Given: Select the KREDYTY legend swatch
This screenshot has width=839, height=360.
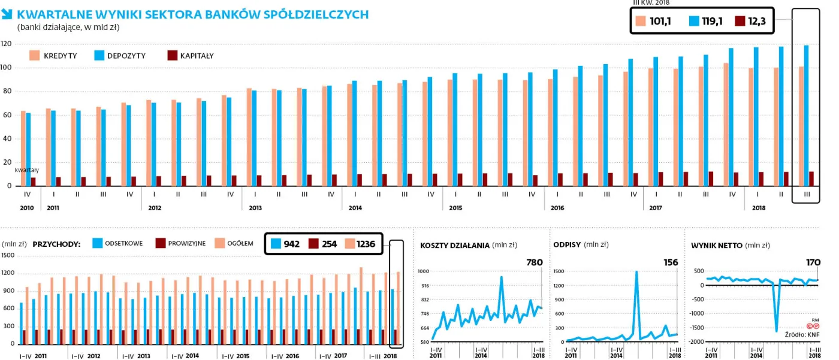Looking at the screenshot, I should click(x=35, y=56).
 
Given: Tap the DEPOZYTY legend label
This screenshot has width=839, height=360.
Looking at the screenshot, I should click(x=126, y=56).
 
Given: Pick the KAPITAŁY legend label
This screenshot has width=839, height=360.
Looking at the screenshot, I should click(x=197, y=56).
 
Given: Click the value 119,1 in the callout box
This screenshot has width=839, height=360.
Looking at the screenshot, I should click(x=712, y=22).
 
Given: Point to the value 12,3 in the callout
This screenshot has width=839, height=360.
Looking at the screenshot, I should click(x=757, y=22).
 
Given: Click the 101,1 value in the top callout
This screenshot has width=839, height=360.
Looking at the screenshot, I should click(x=660, y=22).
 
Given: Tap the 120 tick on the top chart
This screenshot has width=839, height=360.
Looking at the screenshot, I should click(x=7, y=44).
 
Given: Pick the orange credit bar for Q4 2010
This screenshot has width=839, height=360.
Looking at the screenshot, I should click(x=23, y=149).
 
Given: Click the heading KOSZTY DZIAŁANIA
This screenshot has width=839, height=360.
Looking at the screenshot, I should click(x=455, y=245).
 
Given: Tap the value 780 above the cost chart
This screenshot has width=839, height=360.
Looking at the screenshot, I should click(x=535, y=262).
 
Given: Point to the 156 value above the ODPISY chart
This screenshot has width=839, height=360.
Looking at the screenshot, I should click(x=671, y=262).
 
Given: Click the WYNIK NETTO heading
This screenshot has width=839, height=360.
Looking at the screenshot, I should click(x=717, y=245).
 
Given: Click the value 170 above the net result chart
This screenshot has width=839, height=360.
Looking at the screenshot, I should click(x=813, y=262).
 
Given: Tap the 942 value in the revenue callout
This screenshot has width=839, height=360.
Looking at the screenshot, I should click(x=292, y=244).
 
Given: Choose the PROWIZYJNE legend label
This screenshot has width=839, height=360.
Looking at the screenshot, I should click(x=186, y=243).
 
